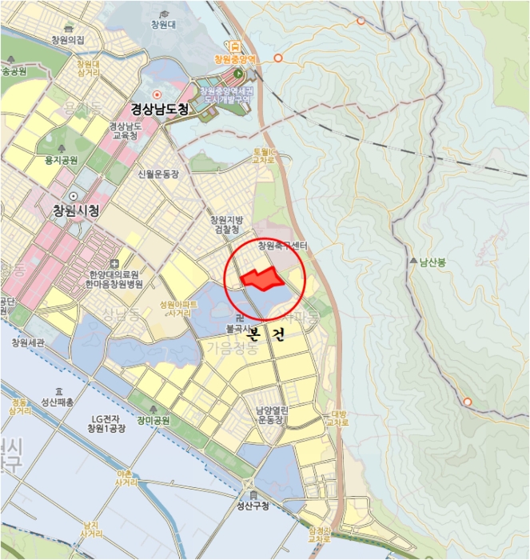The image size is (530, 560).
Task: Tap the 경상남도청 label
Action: (160, 110)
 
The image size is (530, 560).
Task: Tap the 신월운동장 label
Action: (157, 174)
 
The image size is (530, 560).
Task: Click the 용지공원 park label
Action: (61, 160)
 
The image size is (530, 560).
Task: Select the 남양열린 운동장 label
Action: (271, 414)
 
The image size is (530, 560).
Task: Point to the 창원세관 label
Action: (29, 342)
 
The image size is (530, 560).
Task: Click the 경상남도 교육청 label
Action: (125, 130)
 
